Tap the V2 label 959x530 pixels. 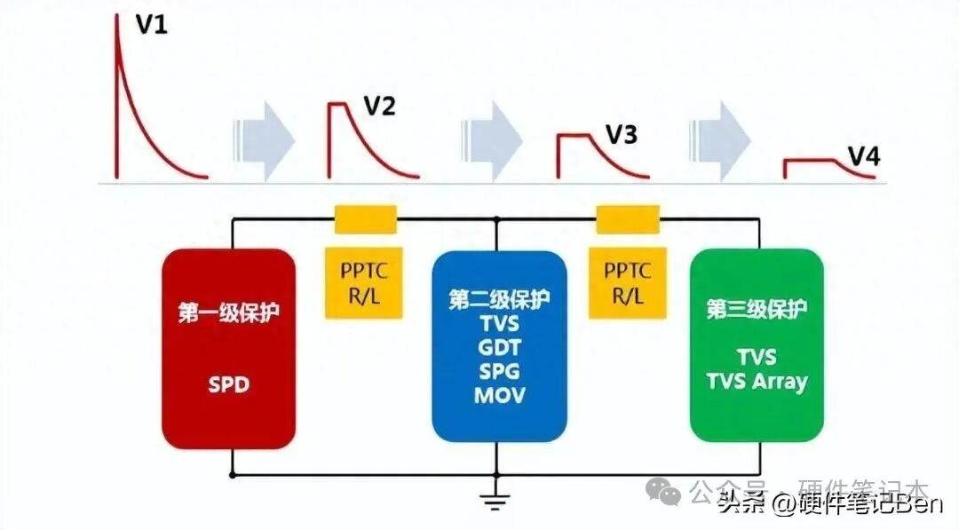tap(379, 107)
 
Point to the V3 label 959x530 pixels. tap(621, 135)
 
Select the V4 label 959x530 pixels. tap(863, 157)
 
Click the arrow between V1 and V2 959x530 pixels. tap(264, 135)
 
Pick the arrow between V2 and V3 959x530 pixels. tap(492, 135)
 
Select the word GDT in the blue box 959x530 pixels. tap(498, 346)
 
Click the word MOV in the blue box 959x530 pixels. tap(498, 395)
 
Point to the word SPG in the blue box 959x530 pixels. tap(498, 370)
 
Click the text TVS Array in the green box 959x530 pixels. tap(757, 382)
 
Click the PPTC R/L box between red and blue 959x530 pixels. tap(365, 283)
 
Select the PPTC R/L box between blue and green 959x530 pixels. tap(628, 283)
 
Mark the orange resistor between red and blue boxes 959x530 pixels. tap(365, 219)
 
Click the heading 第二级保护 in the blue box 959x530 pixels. tap(498, 298)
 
